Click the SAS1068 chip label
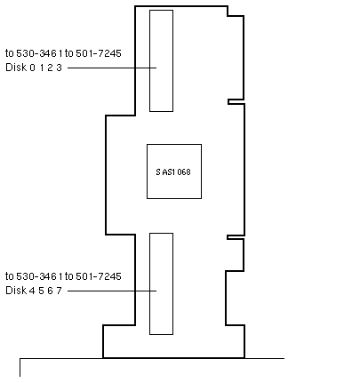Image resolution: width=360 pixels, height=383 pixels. pyautogui.click(x=173, y=172)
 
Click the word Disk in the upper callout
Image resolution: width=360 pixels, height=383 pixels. pyautogui.click(x=16, y=68)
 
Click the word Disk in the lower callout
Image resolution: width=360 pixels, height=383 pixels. pyautogui.click(x=16, y=291)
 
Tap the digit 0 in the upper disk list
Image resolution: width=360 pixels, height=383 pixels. pyautogui.click(x=32, y=68)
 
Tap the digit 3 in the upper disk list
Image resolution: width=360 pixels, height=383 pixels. pyautogui.click(x=59, y=68)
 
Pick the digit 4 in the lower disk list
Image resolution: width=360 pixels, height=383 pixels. pyautogui.click(x=32, y=291)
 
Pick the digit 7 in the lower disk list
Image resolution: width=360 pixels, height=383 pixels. pyautogui.click(x=59, y=291)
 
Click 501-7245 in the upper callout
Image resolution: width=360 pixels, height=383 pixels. pyautogui.click(x=99, y=53)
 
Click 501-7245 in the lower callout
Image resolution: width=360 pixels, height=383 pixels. pyautogui.click(x=99, y=276)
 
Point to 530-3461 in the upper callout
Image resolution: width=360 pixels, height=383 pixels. pyautogui.click(x=39, y=53)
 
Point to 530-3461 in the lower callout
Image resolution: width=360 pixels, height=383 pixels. pyautogui.click(x=39, y=276)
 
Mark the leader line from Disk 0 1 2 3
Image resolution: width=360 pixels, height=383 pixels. pyautogui.click(x=112, y=68)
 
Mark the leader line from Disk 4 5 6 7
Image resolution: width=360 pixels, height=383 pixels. pyautogui.click(x=112, y=291)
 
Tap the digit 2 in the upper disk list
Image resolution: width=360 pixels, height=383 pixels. pyautogui.click(x=50, y=68)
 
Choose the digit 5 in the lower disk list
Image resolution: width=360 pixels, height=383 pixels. pyautogui.click(x=41, y=291)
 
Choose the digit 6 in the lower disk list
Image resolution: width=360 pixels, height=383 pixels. pyautogui.click(x=50, y=291)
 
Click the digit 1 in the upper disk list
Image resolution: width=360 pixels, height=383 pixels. pyautogui.click(x=42, y=68)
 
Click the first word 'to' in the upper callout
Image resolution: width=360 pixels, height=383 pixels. pyautogui.click(x=10, y=53)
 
